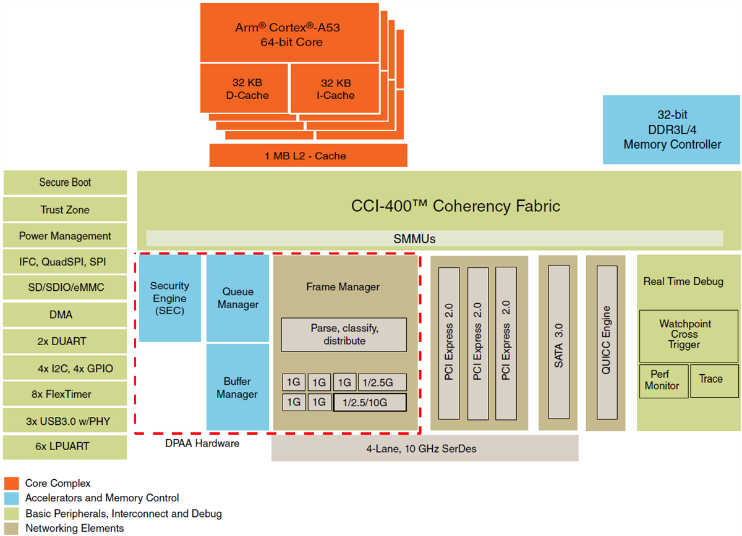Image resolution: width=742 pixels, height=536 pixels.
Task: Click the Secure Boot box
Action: [x=65, y=183]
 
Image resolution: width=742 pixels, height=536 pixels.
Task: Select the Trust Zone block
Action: [x=65, y=210]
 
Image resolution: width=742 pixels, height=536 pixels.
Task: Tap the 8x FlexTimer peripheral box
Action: [x=65, y=394]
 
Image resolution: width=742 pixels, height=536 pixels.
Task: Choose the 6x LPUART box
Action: [x=65, y=446]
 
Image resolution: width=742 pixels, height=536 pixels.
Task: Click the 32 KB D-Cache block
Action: [x=244, y=89]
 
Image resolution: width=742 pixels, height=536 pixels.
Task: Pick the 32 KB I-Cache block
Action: [x=335, y=89]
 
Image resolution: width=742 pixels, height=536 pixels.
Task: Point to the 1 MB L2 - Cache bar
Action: [x=308, y=156]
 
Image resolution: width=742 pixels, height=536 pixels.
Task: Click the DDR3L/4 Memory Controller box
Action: [x=672, y=130]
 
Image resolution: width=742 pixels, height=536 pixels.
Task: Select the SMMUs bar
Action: [x=434, y=238]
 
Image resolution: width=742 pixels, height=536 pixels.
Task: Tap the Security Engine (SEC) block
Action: [x=169, y=298]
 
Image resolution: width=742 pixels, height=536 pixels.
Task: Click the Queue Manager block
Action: [x=237, y=298]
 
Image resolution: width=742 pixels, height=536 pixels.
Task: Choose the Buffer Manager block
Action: [x=237, y=388]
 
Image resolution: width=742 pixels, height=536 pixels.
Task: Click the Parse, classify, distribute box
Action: [x=344, y=335]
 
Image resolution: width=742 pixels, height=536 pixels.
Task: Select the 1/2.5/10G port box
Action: [x=370, y=403]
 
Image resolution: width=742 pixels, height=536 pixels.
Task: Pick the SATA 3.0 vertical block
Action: [x=559, y=342]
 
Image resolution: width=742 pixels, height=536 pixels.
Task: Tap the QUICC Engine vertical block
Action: [x=606, y=342]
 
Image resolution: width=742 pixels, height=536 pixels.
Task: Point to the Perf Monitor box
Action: [x=662, y=380]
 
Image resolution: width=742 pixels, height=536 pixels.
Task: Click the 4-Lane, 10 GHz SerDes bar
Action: [x=424, y=448]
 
